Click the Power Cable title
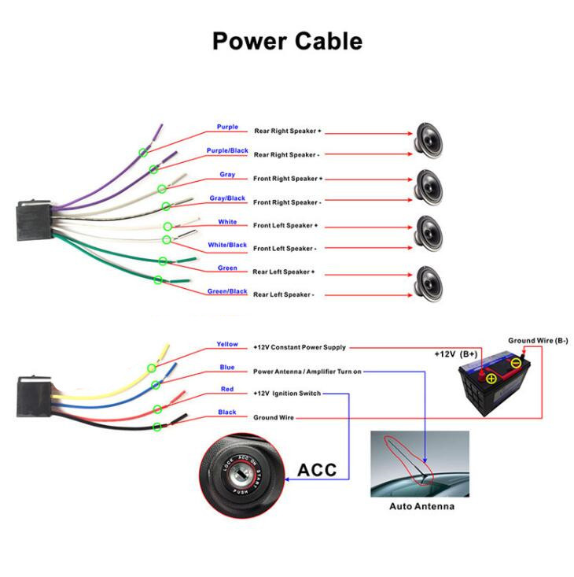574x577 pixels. [287, 40]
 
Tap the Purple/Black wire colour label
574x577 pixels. [227, 150]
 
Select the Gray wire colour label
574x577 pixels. [227, 174]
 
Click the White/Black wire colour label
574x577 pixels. [227, 245]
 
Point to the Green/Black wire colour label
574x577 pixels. [227, 291]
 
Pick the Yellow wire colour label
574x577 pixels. [227, 344]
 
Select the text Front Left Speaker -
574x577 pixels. [285, 248]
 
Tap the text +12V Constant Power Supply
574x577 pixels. [299, 347]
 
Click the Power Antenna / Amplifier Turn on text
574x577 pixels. [307, 371]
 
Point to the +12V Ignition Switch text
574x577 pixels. [286, 393]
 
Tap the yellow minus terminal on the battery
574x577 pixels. [516, 364]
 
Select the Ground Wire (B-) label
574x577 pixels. [538, 340]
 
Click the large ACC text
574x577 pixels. [317, 470]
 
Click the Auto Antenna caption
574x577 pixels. [421, 506]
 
